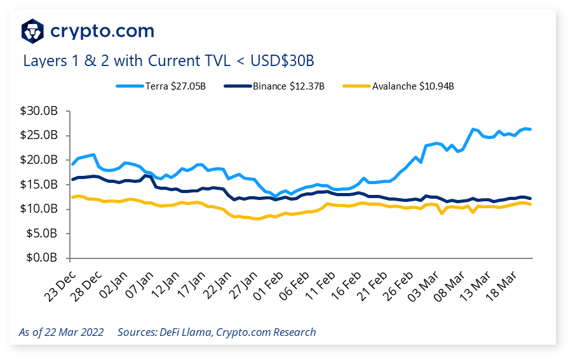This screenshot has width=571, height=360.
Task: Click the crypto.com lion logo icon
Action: pyautogui.click(x=33, y=30)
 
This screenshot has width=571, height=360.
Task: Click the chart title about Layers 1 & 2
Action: pyautogui.click(x=168, y=61)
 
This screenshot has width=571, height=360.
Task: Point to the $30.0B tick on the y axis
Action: pyautogui.click(x=39, y=110)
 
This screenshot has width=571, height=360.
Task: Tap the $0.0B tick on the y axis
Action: pyautogui.click(x=42, y=258)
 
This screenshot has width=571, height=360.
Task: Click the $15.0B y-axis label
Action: pyautogui.click(x=39, y=184)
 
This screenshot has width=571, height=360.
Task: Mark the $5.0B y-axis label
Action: pyautogui.click(x=42, y=233)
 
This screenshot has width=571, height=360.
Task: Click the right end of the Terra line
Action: pyautogui.click(x=530, y=130)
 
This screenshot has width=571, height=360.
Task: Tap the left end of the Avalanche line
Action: pyautogui.click(x=72, y=197)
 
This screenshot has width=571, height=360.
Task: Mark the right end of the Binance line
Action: pyautogui.click(x=530, y=198)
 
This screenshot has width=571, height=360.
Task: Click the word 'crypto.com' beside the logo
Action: pyautogui.click(x=102, y=30)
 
